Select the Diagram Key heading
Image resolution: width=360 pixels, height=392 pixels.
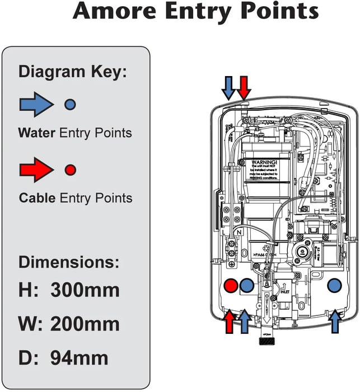73,72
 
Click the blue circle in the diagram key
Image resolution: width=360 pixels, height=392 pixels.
70,104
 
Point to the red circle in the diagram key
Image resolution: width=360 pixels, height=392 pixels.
70,169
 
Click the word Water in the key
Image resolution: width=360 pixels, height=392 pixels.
37,133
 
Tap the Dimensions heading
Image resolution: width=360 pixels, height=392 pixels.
69,262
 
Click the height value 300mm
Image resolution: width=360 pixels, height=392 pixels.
85,291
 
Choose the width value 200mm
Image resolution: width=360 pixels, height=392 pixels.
85,324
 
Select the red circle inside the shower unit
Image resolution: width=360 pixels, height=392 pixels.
230,286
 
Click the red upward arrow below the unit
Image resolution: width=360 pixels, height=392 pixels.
230,322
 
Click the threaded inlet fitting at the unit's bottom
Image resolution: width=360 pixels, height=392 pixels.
266,339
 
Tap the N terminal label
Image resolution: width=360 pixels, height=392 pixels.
239,231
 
